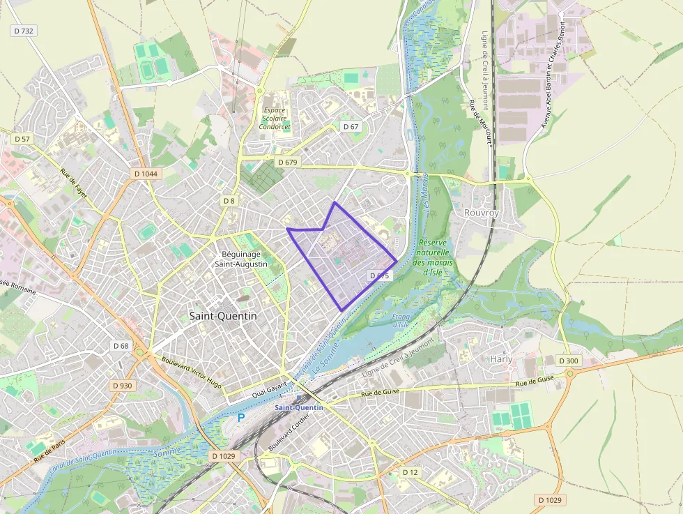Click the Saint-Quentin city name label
point(223,316)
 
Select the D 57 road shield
point(22,139)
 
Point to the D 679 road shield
point(287,162)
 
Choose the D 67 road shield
point(351,126)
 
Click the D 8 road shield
point(229,201)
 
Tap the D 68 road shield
point(121,346)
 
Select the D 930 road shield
point(121,386)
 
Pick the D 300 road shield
point(569,361)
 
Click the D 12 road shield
point(410,472)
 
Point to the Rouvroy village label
point(482,212)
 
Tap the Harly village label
point(501,359)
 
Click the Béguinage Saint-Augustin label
point(241,259)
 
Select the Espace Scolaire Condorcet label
point(275,119)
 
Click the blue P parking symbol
point(241,418)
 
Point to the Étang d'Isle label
point(400,321)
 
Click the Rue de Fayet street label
point(73,184)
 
